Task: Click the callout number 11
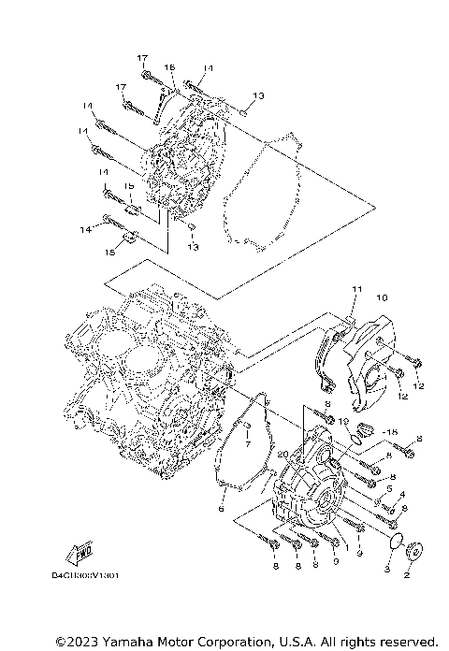point(355,287)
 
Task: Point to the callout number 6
point(222,510)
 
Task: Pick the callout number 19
point(344,423)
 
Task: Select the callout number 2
point(407,577)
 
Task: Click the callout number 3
point(386,569)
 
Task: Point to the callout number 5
point(387,488)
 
